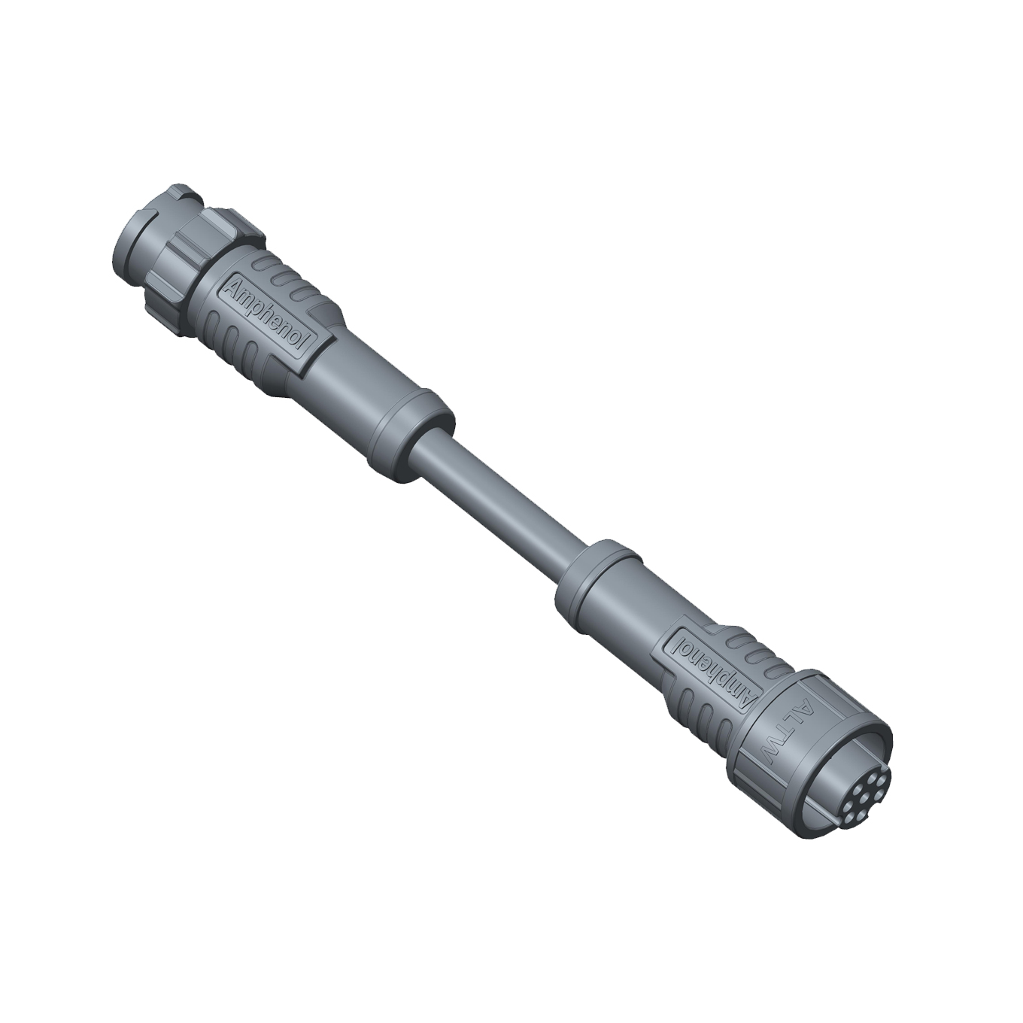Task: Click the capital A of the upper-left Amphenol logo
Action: [235, 287]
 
